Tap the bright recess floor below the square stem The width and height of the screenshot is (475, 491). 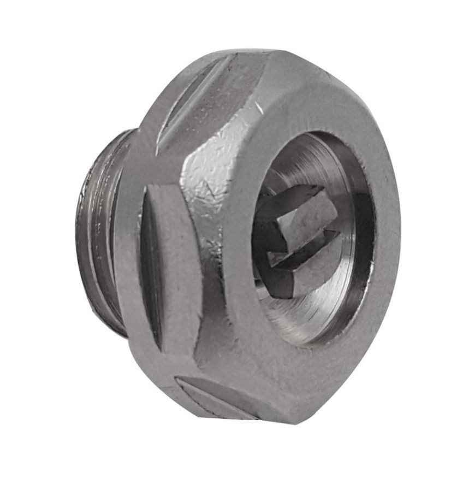[x=306, y=306]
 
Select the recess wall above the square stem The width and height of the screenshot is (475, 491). [x=306, y=158]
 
